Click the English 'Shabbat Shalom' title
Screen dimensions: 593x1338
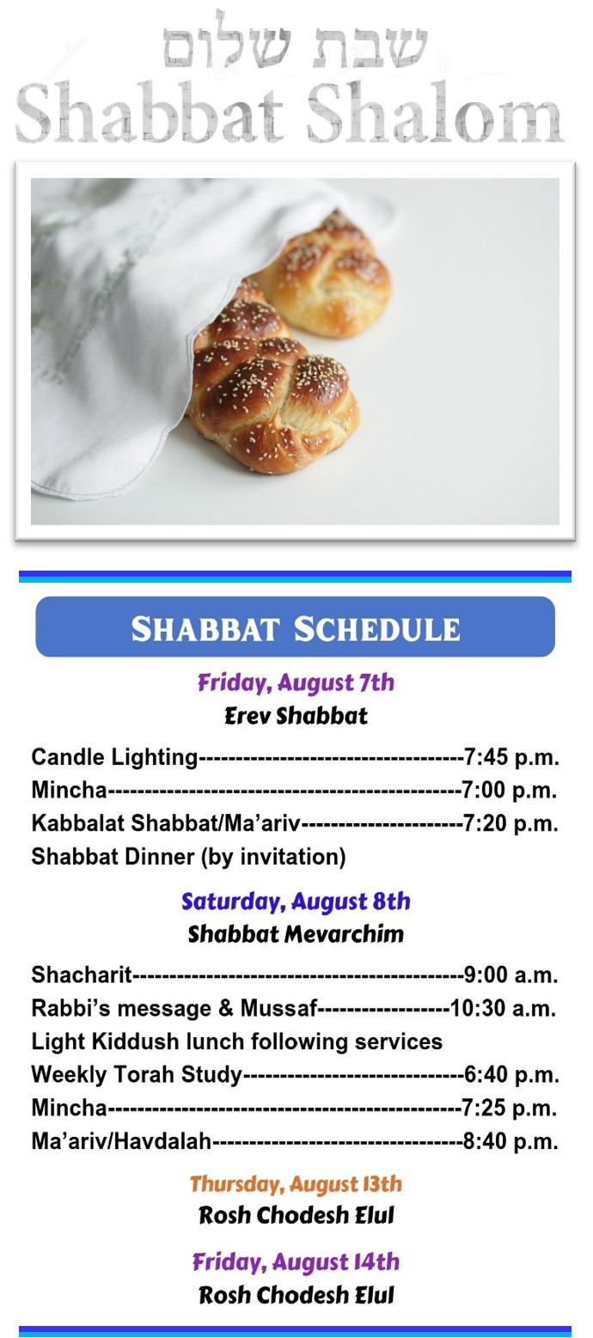tap(290, 113)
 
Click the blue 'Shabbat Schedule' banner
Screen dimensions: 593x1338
tap(295, 626)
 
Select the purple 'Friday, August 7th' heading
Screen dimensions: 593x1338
tap(296, 682)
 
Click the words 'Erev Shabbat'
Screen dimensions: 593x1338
tap(296, 716)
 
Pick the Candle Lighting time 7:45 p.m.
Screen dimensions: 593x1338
tap(511, 757)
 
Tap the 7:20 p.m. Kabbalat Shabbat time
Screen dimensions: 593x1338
tap(511, 824)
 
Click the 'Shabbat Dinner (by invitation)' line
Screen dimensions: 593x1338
tap(189, 857)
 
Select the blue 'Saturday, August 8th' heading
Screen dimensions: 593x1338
tap(296, 901)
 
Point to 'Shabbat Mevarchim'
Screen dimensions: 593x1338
tap(296, 934)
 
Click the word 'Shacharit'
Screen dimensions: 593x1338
tap(82, 974)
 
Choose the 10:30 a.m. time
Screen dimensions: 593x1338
tap(504, 1008)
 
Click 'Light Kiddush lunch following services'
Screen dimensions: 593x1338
tap(237, 1042)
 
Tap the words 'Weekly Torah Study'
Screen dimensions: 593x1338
tap(137, 1074)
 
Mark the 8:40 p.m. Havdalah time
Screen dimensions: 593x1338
tap(511, 1141)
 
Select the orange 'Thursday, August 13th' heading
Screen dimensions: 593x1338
tap(296, 1184)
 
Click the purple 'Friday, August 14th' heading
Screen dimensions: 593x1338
tap(296, 1262)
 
